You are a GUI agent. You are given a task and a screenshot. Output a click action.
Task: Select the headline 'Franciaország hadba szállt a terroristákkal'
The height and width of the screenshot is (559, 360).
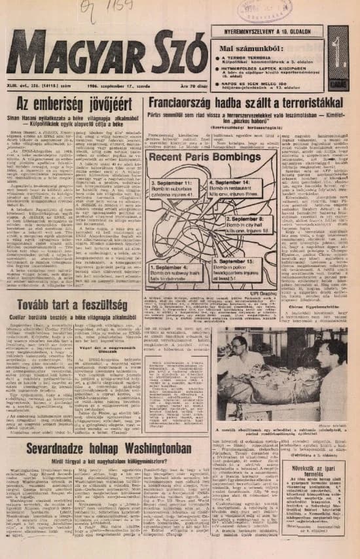tap(246, 102)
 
